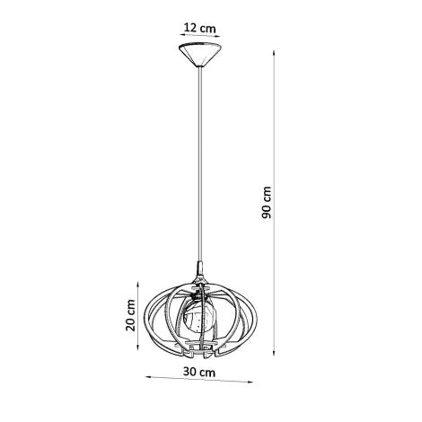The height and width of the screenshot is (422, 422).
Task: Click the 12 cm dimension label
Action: [199, 27]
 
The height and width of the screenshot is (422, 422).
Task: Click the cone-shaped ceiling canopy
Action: [200, 56]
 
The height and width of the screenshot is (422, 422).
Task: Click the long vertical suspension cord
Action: [200, 162]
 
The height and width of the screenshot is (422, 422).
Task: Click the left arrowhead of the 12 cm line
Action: [178, 37]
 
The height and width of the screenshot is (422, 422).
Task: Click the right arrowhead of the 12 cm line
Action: [222, 37]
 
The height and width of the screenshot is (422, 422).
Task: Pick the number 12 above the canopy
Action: [190, 27]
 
